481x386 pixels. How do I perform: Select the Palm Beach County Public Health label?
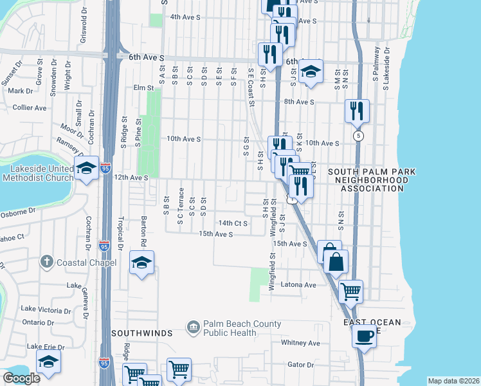[x=242, y=328]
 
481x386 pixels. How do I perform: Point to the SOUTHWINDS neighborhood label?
[x=142, y=333]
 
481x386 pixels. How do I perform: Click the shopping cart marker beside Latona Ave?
[x=350, y=291]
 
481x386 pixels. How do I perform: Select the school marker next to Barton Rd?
[x=141, y=262]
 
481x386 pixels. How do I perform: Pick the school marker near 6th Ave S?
[x=311, y=71]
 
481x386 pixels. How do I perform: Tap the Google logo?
[x=21, y=378]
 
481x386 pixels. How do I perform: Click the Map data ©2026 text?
[x=453, y=381]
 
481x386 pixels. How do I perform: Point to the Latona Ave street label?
[x=302, y=284]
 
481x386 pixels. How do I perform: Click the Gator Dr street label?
[x=300, y=364]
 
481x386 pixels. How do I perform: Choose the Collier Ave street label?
[x=30, y=107]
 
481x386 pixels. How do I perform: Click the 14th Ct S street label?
[x=232, y=223]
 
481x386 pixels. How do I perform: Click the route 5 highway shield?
[x=358, y=136]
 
